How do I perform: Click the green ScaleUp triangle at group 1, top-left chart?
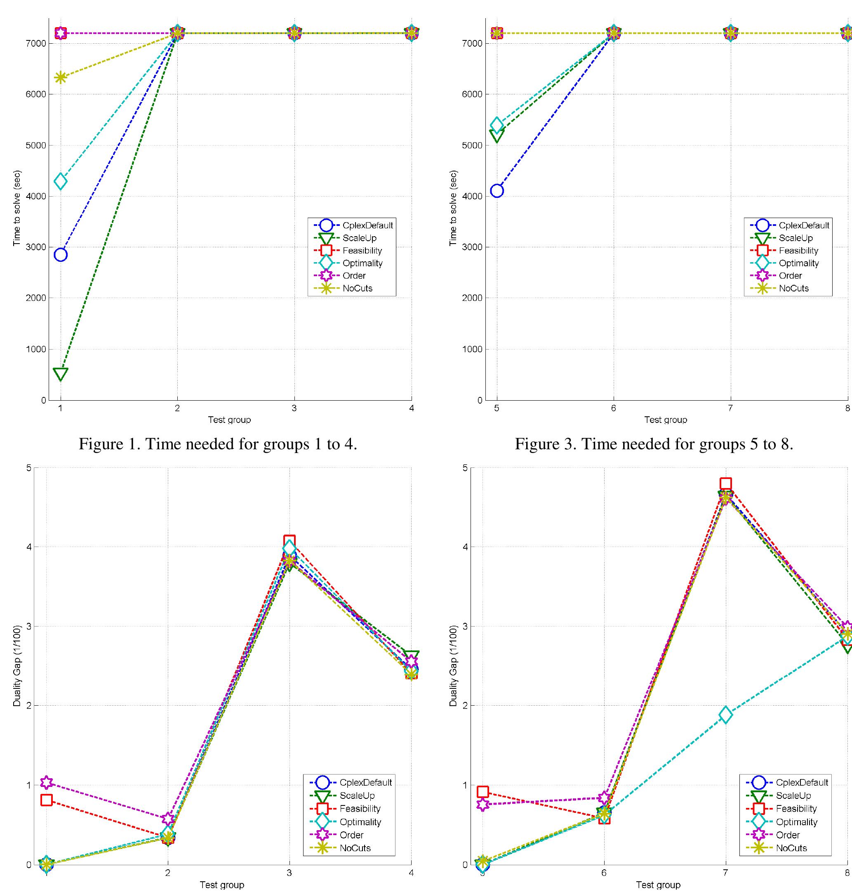coord(60,373)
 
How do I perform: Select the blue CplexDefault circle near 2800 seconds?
coord(60,255)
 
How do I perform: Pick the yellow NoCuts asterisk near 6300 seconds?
coord(60,77)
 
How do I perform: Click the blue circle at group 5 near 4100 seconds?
coord(497,191)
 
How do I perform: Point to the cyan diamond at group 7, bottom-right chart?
coord(725,714)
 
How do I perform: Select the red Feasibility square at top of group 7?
coord(725,484)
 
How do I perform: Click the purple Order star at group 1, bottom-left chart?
coord(46,782)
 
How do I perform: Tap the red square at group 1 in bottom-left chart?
coord(46,800)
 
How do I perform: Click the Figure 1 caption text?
coord(218,444)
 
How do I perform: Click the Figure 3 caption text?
coord(654,444)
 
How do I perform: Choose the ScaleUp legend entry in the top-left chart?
coord(359,238)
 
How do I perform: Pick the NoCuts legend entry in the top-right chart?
coord(793,288)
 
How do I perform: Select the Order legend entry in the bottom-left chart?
coord(351,835)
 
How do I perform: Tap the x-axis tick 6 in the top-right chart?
coord(613,408)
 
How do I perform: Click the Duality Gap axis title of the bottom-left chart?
coord(17,666)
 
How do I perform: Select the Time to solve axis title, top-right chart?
coord(453,208)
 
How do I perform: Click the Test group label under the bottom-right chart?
coord(658,885)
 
